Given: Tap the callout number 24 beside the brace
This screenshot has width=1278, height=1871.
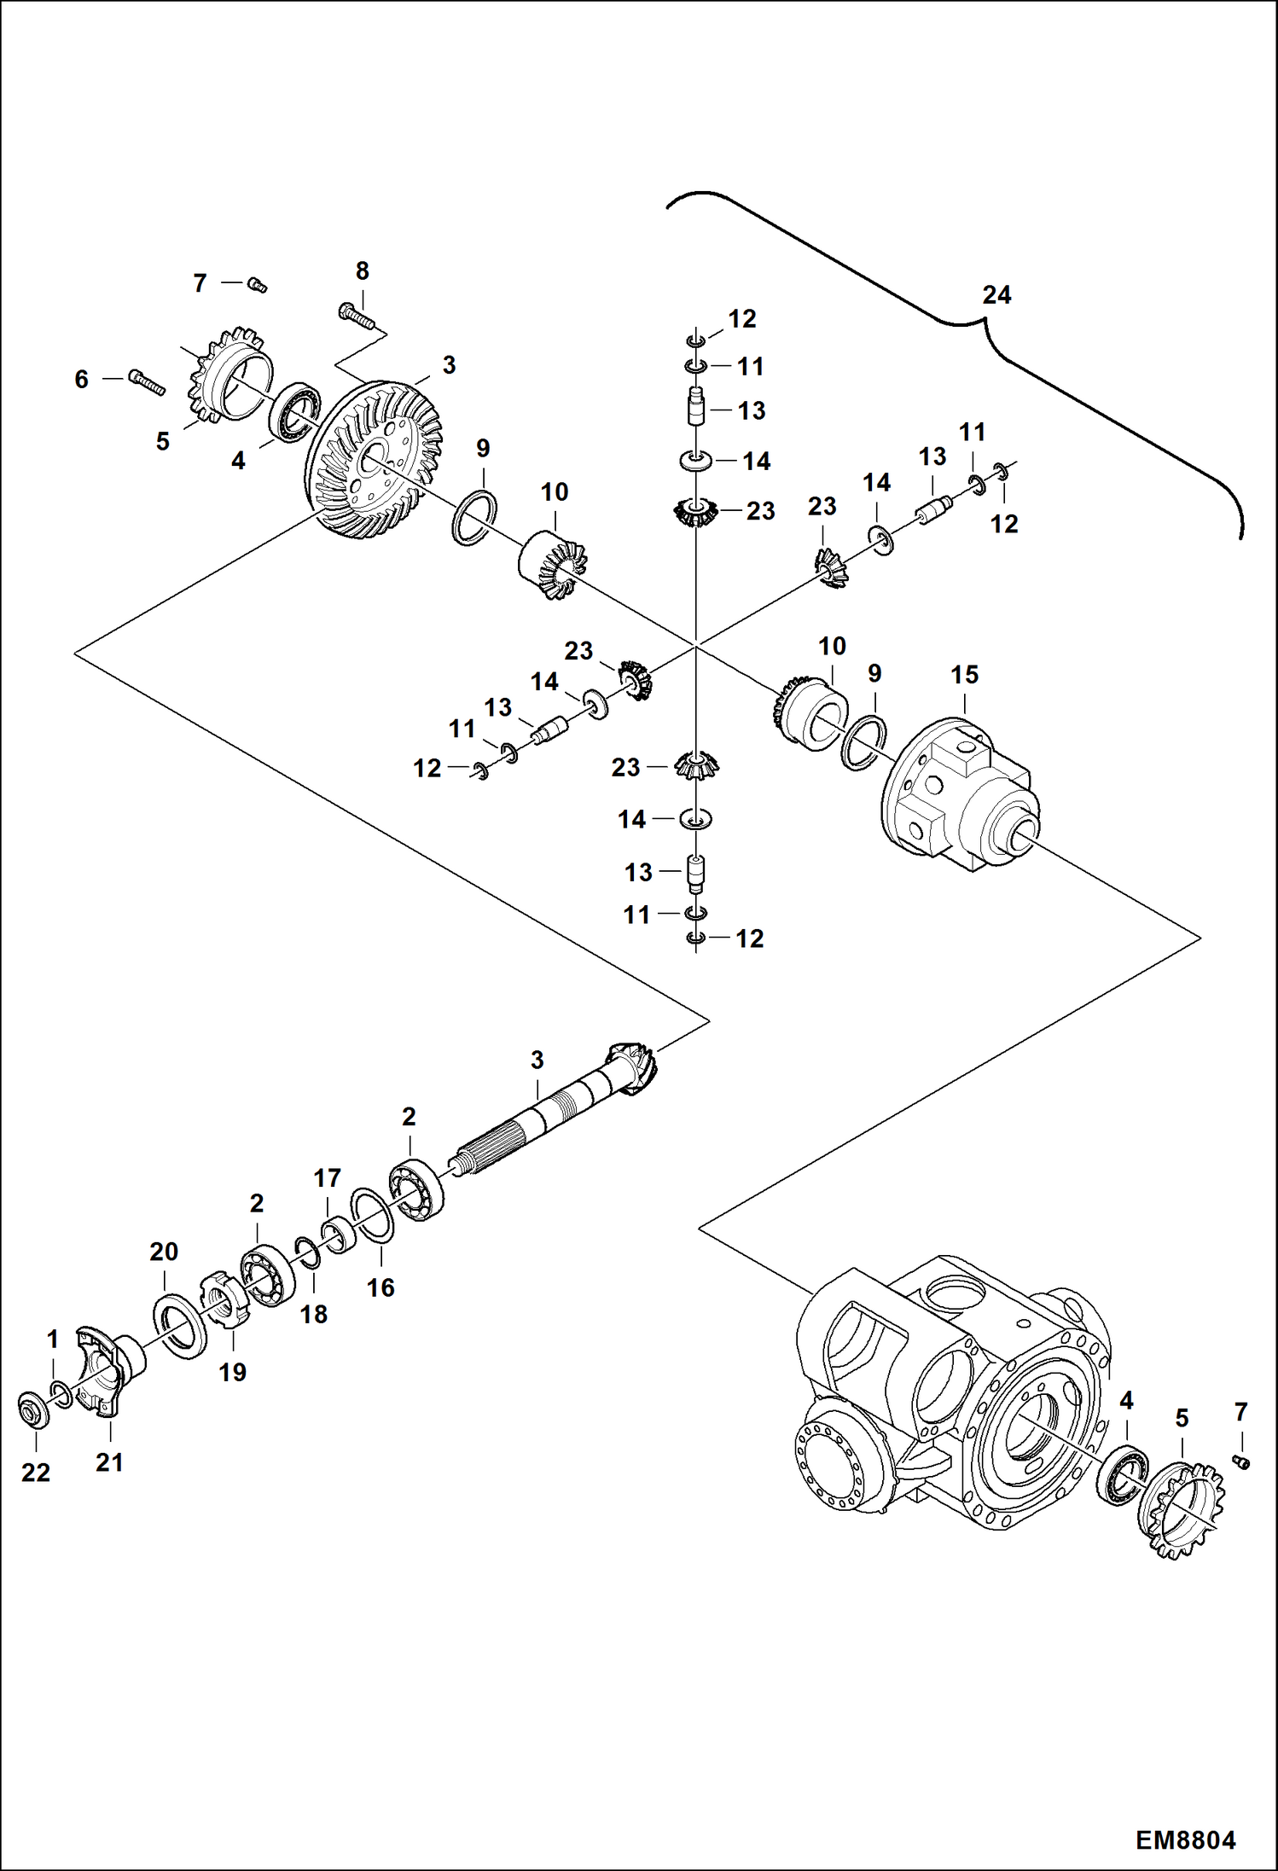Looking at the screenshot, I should tap(996, 295).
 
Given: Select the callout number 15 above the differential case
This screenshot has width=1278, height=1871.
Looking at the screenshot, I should tap(964, 675).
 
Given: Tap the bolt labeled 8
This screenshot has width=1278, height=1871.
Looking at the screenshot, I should tap(356, 315).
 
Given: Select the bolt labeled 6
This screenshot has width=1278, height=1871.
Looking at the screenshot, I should tap(147, 381).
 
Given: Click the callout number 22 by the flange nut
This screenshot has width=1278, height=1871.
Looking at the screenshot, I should tap(36, 1473).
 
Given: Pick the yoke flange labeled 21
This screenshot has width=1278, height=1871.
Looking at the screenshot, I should tap(107, 1370).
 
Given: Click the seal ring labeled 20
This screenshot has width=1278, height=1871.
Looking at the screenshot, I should tap(180, 1326).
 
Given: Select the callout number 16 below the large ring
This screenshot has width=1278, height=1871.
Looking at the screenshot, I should tap(380, 1287).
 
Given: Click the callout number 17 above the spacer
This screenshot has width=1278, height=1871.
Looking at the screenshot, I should tap(327, 1178).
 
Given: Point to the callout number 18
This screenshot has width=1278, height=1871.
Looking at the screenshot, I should tap(313, 1315).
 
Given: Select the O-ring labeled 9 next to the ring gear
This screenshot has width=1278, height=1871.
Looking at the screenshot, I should tap(474, 518).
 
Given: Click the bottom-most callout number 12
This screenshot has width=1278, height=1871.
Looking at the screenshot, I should tap(749, 939).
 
